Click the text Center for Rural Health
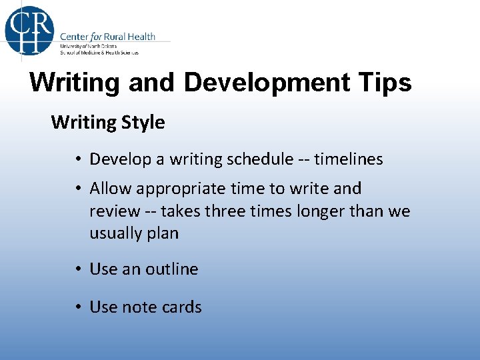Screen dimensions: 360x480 click(x=107, y=36)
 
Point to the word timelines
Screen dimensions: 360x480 click(x=349, y=159)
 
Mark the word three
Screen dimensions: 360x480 click(x=227, y=211)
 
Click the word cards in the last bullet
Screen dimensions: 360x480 click(x=181, y=307)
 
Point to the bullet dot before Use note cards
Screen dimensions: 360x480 click(x=78, y=307)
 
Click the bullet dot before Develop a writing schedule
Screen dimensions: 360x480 click(x=78, y=159)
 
